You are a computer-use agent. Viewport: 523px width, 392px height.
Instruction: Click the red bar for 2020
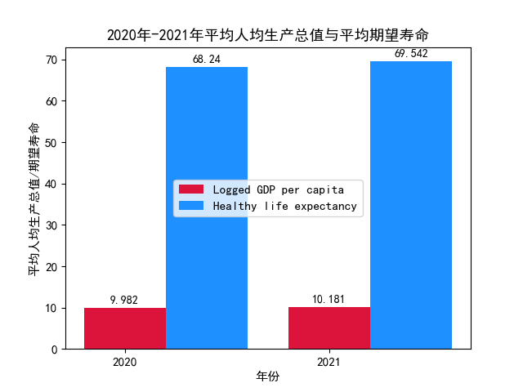(125, 328)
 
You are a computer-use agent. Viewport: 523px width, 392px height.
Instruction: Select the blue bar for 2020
(207, 207)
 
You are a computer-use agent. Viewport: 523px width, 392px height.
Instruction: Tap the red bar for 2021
(329, 327)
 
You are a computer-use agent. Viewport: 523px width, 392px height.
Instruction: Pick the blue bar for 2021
(411, 205)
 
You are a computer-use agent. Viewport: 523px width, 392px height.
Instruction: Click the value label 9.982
(124, 300)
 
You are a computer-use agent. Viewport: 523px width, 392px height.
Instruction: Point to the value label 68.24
(207, 60)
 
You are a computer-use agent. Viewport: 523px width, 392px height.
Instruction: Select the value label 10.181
(329, 299)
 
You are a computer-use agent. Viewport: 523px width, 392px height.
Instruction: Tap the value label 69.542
(411, 54)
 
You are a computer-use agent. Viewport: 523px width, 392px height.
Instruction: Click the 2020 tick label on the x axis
(125, 361)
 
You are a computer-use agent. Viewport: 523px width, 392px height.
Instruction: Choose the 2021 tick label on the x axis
(329, 361)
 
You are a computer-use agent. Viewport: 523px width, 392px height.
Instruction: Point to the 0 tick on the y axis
(54, 350)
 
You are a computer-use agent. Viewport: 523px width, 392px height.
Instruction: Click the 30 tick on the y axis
(51, 225)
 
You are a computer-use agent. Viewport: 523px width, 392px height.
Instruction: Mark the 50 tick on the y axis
(51, 143)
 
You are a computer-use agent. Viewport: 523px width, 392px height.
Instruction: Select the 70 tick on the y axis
(51, 60)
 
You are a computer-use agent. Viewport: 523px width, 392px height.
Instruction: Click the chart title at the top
(268, 35)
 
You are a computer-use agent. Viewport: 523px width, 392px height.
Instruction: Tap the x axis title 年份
(268, 376)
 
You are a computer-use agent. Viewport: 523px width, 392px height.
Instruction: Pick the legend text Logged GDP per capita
(273, 189)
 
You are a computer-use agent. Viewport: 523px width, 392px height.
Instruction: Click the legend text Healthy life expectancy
(284, 207)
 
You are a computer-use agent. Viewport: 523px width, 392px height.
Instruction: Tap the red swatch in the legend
(191, 189)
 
